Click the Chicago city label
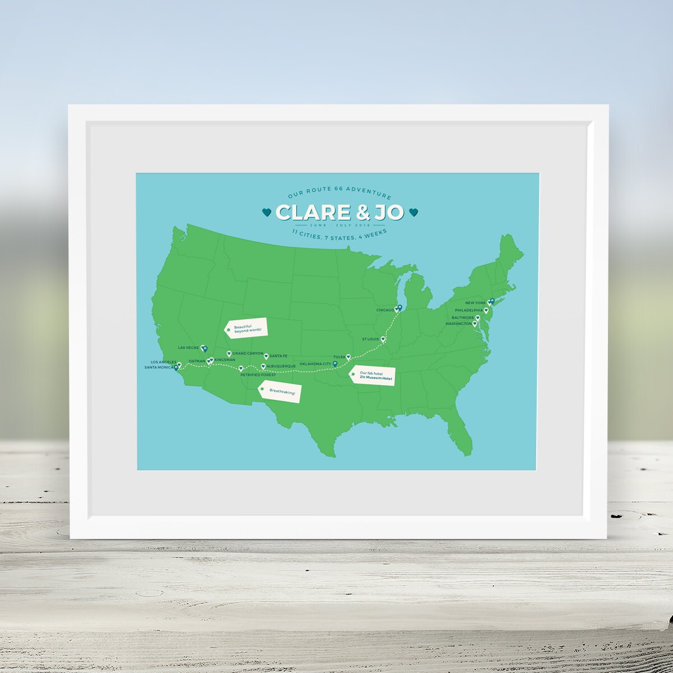tap(385, 310)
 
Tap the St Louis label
tap(370, 339)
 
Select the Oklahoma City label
tap(315, 364)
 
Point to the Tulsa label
tap(339, 357)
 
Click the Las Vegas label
tap(189, 348)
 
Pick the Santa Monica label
tap(158, 367)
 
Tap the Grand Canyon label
tap(247, 353)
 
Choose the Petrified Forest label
tap(258, 375)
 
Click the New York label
tap(476, 303)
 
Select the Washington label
tap(458, 324)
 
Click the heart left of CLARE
tap(266, 212)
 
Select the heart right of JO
tap(414, 212)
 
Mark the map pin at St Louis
tap(383, 339)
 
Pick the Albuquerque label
tap(281, 366)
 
